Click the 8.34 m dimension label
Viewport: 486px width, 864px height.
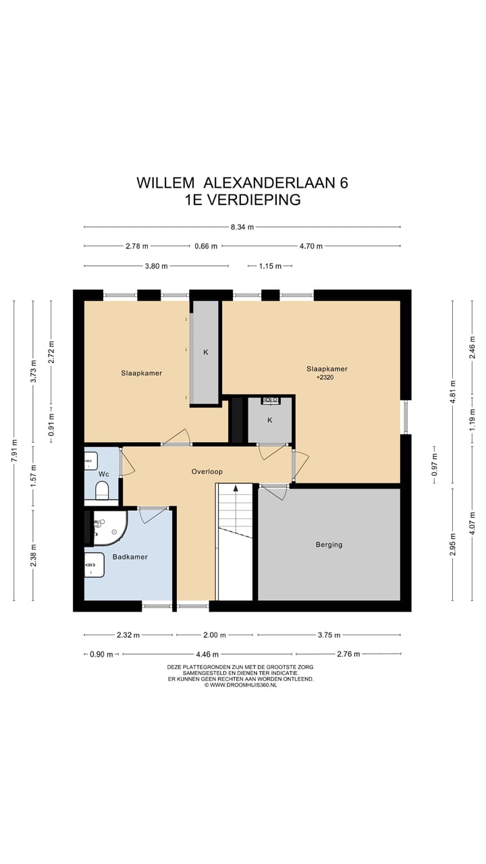pos(242,227)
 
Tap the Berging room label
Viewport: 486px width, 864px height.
pos(329,545)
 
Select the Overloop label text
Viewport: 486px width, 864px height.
pos(207,471)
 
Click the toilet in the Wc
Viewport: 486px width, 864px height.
pos(102,490)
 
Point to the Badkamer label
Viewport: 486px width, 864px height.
pos(130,557)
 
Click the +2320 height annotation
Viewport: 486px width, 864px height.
pos(325,377)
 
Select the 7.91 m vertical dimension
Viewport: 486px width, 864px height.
pos(14,450)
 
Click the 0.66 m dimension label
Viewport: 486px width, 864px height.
pos(206,246)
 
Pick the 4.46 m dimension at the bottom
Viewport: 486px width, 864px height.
pos(207,654)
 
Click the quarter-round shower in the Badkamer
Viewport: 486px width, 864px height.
pos(110,528)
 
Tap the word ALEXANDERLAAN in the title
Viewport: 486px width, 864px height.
pos(269,182)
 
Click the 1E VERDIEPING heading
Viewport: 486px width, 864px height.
pos(242,200)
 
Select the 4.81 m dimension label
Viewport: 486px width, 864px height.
pos(453,391)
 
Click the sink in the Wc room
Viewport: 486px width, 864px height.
pos(91,461)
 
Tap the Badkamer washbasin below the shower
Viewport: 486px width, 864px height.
pos(94,565)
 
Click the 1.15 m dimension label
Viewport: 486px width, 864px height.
pos(270,266)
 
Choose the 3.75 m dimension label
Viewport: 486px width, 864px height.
pos(329,635)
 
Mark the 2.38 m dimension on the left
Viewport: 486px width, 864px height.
pos(34,555)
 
